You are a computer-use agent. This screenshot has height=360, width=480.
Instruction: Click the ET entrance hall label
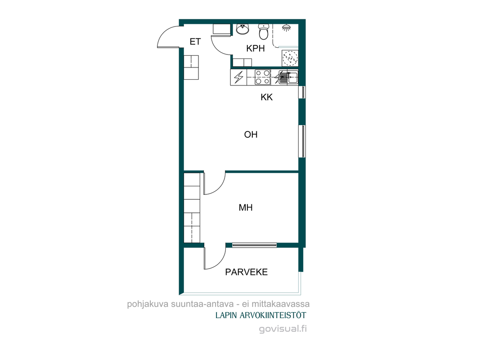pos(195,41)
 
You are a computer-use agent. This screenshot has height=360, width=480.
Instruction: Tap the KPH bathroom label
pos(256,48)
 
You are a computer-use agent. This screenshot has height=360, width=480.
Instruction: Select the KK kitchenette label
pos(267,97)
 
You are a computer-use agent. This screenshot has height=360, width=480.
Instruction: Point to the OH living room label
pos(251,135)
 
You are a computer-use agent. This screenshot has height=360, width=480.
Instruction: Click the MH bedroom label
pos(246,207)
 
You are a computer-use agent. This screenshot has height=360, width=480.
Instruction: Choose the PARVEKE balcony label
pos(247,272)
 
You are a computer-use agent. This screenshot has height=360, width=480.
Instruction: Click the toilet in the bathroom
pos(264,31)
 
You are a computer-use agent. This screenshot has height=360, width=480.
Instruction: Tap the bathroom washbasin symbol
pos(243,29)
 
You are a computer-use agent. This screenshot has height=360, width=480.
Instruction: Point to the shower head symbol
pos(286,28)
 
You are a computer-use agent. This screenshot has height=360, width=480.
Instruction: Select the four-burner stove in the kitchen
pos(263,77)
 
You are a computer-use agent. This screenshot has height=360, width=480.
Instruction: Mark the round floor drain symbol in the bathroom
pos(290,58)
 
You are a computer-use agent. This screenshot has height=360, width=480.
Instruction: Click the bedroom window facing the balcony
pos(254,245)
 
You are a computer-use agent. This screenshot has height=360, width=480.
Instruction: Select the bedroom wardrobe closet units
pos(192,208)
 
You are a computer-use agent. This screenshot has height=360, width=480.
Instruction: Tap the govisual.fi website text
pos(283,329)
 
